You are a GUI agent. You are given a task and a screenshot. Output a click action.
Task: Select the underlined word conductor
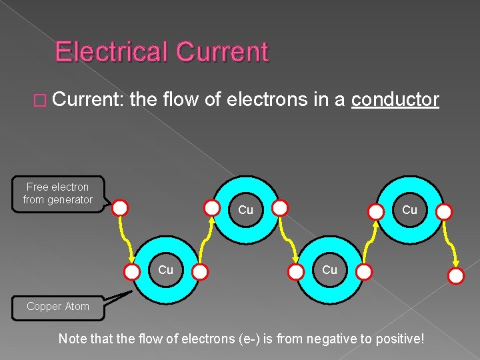click(x=395, y=100)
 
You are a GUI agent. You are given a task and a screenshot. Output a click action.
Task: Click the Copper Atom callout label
click(x=57, y=307)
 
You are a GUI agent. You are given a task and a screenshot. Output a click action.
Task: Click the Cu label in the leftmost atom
click(x=165, y=270)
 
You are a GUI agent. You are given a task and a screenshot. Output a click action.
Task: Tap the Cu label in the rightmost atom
click(x=409, y=209)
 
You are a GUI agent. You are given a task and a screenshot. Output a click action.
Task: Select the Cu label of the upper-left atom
click(x=245, y=210)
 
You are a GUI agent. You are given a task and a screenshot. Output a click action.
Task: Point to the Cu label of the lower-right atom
click(x=329, y=270)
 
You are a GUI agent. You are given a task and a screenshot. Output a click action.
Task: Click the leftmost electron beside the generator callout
click(x=120, y=208)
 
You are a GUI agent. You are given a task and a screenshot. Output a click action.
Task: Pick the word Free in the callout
click(x=37, y=187)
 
